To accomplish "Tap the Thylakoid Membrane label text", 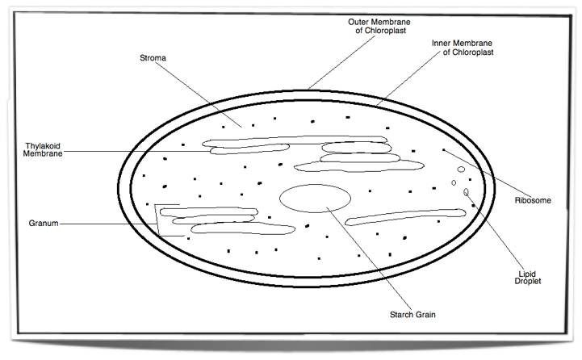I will pos(43,150).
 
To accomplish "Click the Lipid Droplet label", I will pos(528,277).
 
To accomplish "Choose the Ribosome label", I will pos(532,200).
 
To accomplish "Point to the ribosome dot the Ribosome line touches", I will pos(442,150).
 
